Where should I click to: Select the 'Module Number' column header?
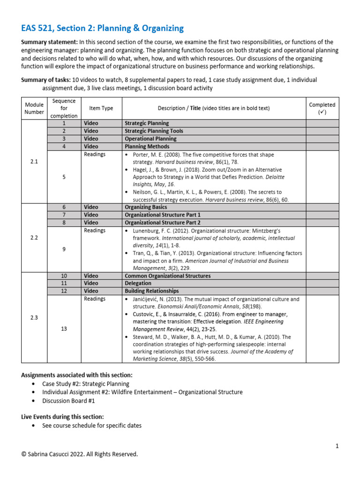coord(34,108)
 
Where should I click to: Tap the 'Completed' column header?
coord(322,108)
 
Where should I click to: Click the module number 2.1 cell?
coord(34,161)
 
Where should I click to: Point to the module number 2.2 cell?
coord(34,238)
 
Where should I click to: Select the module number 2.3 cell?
coord(34,317)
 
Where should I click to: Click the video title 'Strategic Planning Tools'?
coord(154,131)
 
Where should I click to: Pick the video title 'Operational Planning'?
coord(148,139)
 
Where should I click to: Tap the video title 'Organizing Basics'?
coord(145,207)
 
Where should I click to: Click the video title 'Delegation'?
coord(138,283)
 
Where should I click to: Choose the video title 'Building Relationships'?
coord(151,291)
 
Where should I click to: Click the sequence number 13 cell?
coord(64,329)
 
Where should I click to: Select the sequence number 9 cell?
coord(64,249)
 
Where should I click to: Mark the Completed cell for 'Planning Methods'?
coord(322,147)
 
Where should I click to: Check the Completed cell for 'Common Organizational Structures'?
coord(322,276)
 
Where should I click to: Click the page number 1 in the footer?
coord(337,446)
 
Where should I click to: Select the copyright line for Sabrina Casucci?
coord(80,454)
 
